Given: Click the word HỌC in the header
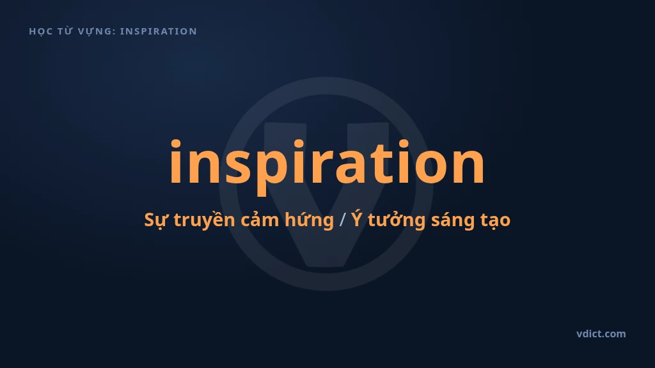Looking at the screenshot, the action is click(40, 32).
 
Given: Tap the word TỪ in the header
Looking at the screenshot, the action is click(65, 31).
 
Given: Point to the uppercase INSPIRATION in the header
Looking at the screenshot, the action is click(159, 31).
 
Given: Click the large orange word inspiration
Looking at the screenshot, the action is click(327, 163).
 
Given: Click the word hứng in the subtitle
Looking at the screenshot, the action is click(309, 220).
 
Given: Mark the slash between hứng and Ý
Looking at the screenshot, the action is click(343, 220).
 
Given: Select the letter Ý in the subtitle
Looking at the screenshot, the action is click(356, 218).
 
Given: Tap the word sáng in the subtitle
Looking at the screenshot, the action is click(453, 220).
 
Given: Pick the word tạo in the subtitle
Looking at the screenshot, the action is click(496, 220).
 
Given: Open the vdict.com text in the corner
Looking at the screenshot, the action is click(601, 333).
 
